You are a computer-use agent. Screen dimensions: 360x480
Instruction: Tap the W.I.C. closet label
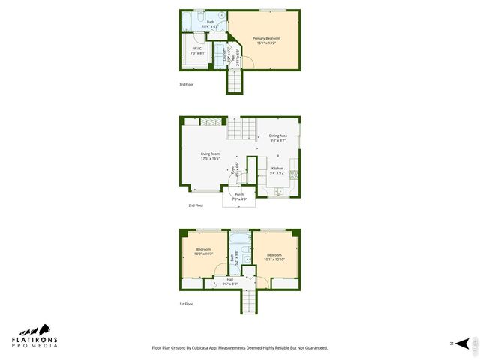198,51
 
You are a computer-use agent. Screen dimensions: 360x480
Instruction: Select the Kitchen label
277,171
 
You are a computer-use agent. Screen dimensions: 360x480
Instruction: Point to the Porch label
238,197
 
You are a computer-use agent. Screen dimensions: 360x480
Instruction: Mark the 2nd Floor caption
196,205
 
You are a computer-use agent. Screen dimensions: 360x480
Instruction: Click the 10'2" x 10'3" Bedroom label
204,251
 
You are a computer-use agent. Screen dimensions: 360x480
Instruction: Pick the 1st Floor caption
186,304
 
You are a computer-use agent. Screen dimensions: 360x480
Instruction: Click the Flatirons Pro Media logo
34,337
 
